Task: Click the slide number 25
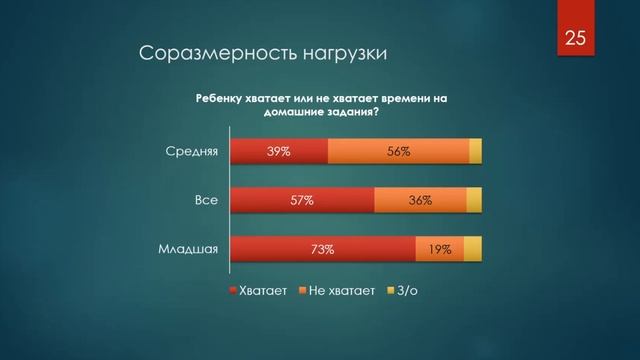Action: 574,39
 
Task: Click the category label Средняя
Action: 191,152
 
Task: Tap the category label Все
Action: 206,201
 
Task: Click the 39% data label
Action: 278,152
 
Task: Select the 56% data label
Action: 398,152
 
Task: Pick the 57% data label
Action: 302,201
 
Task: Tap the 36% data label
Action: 420,201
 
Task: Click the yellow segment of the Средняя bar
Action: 475,152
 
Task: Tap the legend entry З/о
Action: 403,291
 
